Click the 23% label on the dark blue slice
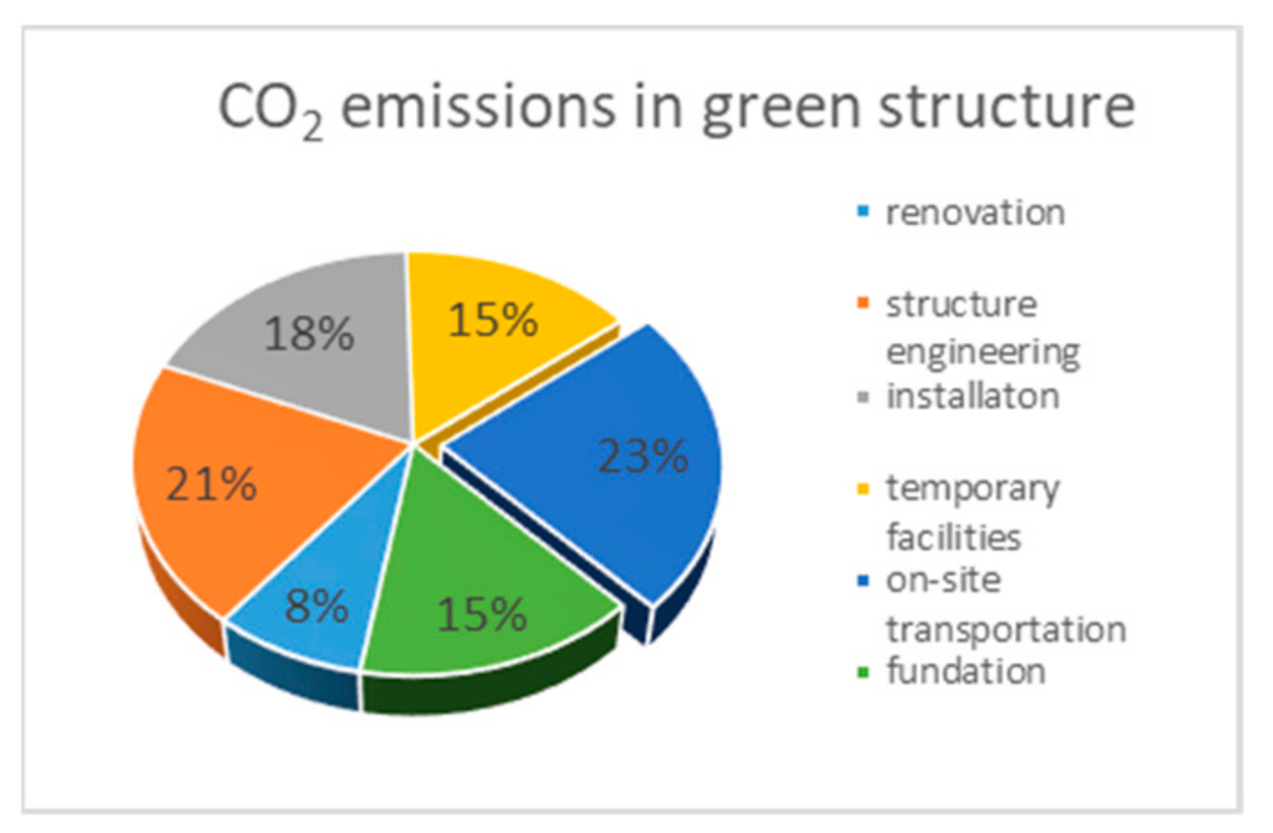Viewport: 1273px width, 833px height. (643, 456)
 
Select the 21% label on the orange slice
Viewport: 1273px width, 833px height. (212, 484)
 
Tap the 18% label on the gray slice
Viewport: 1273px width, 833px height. (309, 334)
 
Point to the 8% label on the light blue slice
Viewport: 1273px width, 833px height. (316, 607)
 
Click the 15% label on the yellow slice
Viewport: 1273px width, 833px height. (493, 320)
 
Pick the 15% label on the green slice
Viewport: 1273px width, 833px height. (482, 615)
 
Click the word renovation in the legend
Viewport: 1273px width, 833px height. (975, 213)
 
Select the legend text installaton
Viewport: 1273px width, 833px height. (973, 396)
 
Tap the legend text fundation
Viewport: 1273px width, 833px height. (965, 670)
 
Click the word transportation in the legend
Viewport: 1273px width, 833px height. (1006, 629)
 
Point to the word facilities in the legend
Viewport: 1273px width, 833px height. (953, 537)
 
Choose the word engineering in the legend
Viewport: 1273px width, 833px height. (982, 352)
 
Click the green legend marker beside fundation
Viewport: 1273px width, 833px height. (863, 672)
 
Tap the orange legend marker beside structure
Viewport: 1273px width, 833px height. (863, 304)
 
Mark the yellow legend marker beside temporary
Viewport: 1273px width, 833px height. (863, 489)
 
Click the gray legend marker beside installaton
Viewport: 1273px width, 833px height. (863, 397)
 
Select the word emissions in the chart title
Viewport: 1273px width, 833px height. (478, 107)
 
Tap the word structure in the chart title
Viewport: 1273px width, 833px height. (1007, 107)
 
